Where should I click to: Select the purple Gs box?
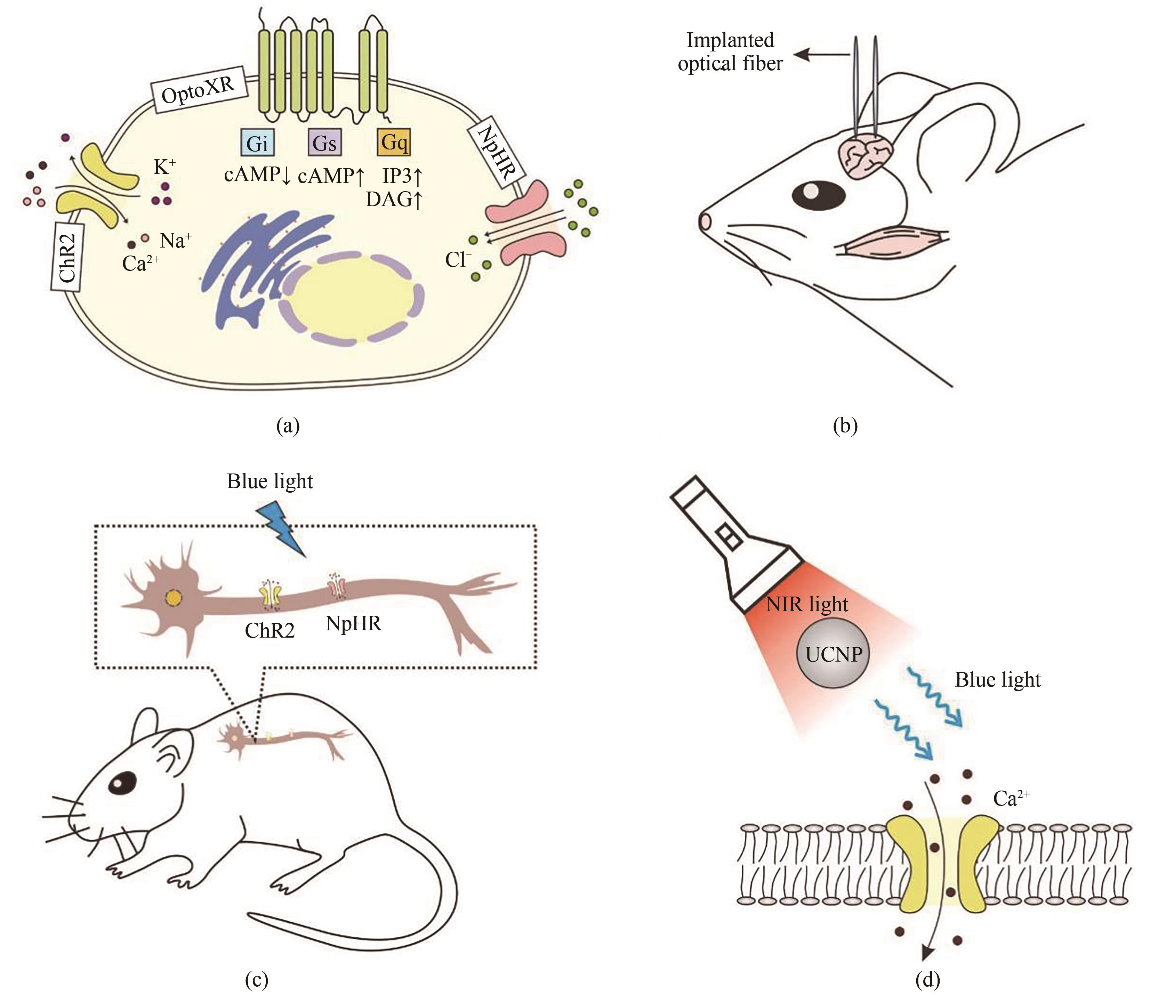325,143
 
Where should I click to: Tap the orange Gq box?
394,142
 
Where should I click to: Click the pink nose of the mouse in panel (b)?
705,221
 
